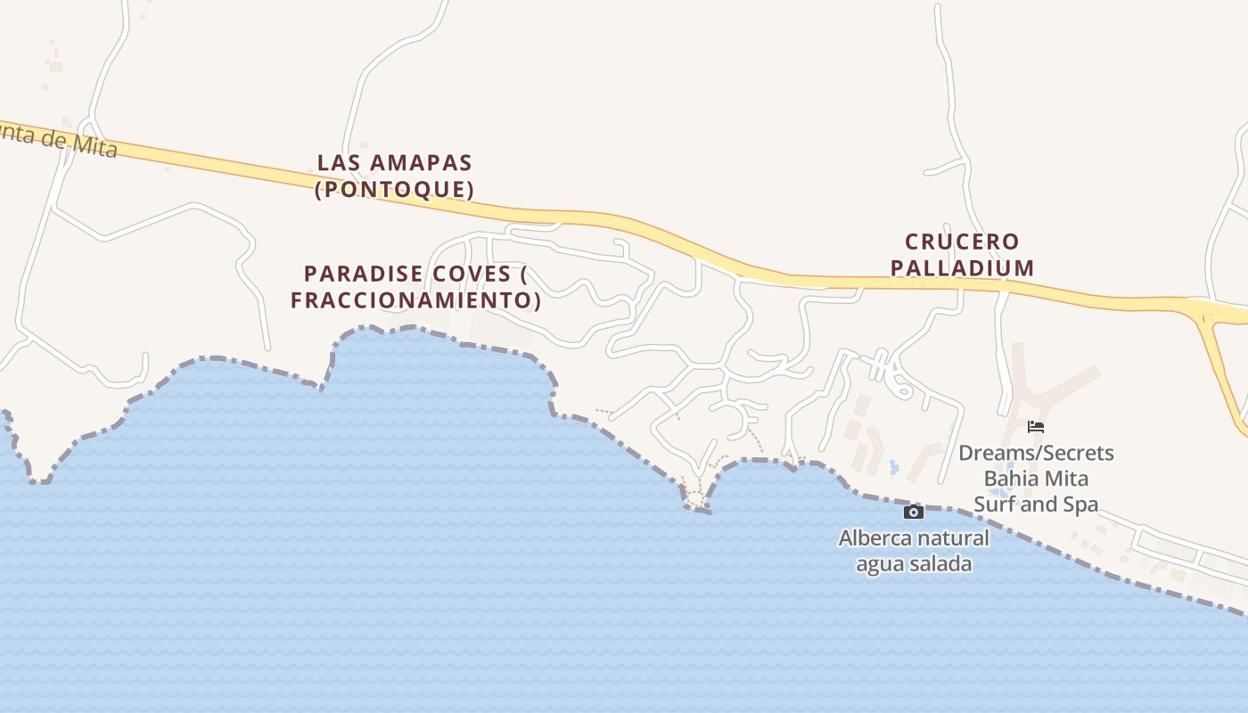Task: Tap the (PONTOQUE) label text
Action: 394,189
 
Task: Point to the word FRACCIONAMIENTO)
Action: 415,299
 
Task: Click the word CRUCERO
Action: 962,242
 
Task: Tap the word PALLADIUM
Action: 962,267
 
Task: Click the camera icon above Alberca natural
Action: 913,512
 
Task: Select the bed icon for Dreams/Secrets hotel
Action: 1035,427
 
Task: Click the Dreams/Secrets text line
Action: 1036,453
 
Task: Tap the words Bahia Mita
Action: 1036,479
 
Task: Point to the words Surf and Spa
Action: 1036,504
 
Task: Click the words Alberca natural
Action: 914,538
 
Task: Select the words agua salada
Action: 914,564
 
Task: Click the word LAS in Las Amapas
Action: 337,163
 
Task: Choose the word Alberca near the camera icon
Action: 875,538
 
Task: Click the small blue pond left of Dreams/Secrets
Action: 894,466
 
